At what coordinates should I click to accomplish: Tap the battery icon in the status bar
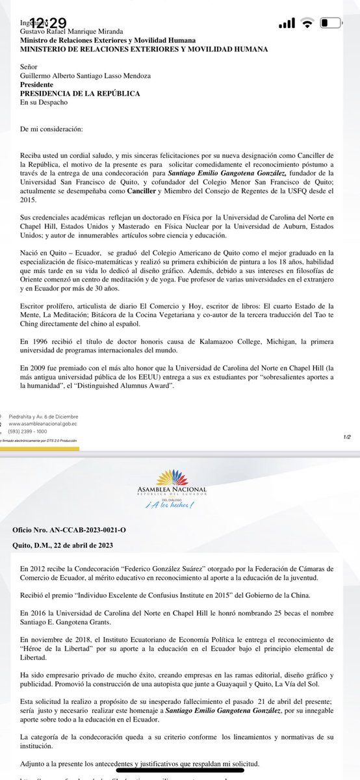(x=332, y=23)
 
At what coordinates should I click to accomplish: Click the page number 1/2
(x=347, y=437)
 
